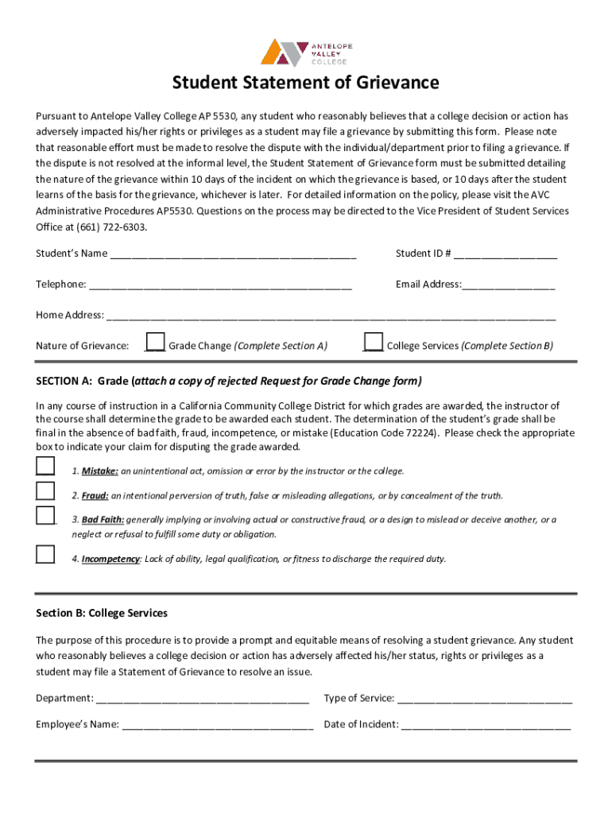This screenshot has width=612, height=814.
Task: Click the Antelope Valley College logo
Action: point(306,52)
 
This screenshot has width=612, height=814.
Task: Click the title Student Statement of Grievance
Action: point(306,83)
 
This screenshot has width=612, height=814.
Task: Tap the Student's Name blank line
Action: point(233,255)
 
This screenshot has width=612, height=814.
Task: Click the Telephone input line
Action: point(220,285)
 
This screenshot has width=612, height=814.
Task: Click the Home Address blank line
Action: point(331,316)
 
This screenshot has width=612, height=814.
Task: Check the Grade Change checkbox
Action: point(155,342)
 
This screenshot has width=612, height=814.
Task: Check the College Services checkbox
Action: point(373,342)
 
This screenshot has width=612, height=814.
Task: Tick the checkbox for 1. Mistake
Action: point(45,466)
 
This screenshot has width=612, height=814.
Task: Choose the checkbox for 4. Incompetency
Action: point(45,554)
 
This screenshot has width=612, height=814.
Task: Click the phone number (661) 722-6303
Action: point(111,227)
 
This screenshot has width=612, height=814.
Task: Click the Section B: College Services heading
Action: point(102,614)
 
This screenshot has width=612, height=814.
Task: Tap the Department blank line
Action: point(202,700)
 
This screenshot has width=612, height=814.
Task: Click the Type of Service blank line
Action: point(484,700)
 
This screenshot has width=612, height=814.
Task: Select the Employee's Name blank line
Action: point(218,725)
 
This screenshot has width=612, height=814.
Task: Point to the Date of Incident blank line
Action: point(486,725)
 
